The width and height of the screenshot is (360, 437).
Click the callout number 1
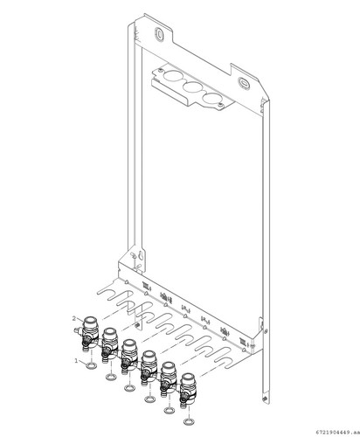tap(77, 361)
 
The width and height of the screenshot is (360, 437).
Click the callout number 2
tap(74, 319)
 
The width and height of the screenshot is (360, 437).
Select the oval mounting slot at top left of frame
tap(159, 32)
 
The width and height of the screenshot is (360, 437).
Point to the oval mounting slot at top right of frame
tap(244, 82)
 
